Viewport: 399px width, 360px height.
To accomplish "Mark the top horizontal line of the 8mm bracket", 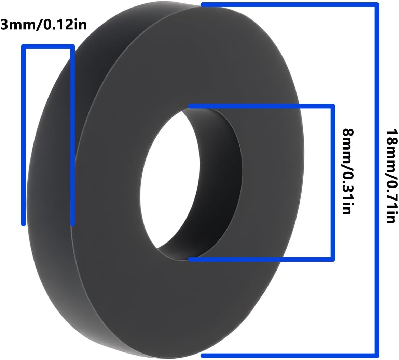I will click(x=260, y=106).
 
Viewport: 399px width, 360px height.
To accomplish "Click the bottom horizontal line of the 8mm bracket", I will click(x=260, y=260).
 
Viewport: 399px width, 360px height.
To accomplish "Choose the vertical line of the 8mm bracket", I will click(x=332, y=183).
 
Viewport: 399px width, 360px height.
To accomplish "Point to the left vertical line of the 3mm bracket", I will click(x=24, y=137).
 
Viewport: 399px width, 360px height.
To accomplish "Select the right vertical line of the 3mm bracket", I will click(x=72, y=137).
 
